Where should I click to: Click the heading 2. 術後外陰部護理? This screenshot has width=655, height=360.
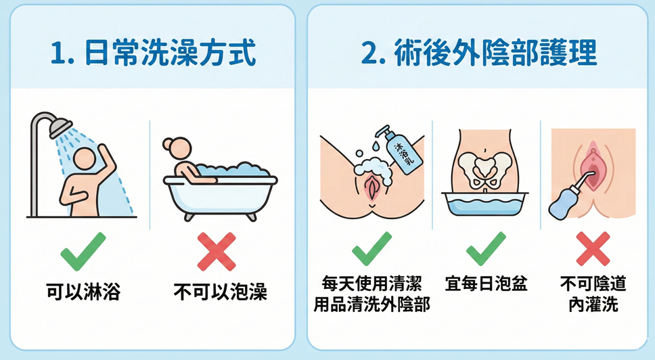click(x=479, y=53)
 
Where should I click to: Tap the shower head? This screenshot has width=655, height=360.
click(x=60, y=125)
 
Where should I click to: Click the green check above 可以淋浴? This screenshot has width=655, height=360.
click(x=83, y=250)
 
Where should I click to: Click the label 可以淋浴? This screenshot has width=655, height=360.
click(x=83, y=293)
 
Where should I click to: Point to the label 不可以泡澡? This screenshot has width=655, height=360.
click(x=221, y=293)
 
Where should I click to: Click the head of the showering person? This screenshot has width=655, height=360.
click(x=85, y=161)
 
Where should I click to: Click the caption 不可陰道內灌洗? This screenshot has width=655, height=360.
click(x=593, y=292)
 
